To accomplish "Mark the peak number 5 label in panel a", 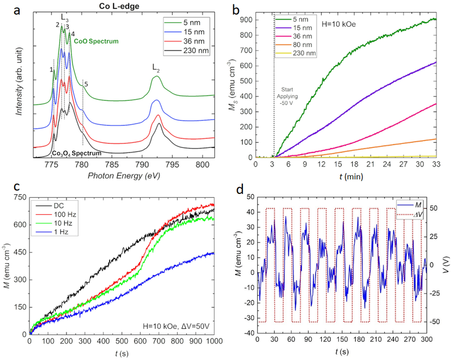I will click(86, 84).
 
